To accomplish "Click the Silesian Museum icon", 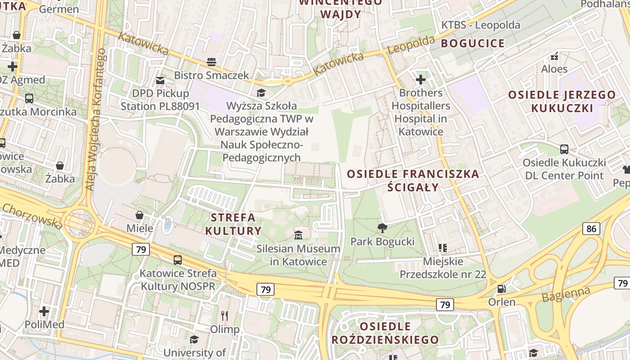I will [298, 235].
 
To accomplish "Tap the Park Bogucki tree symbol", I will [382, 228].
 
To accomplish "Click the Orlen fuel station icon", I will [501, 288].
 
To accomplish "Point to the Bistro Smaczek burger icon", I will [211, 62].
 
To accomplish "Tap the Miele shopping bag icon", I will [139, 215].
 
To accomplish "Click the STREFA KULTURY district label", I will [233, 224].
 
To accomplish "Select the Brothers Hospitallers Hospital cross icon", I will [421, 80].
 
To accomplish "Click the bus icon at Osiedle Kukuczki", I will [564, 149].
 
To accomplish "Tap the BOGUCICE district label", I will [472, 43].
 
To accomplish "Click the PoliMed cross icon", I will [44, 311].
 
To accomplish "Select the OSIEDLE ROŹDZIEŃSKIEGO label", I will [385, 333].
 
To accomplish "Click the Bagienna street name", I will [566, 295].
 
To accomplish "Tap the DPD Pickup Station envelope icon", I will [160, 81].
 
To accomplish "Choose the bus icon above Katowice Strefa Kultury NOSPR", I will [178, 260].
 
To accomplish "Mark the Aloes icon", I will [554, 56].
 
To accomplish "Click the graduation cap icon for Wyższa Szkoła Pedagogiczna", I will [261, 93].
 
